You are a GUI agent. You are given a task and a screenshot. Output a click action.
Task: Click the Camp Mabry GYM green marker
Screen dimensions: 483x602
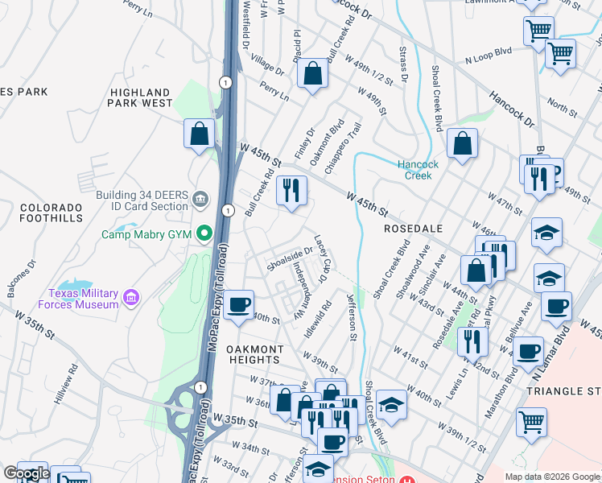point(205,234)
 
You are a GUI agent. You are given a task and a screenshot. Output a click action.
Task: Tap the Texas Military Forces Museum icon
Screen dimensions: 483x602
point(131,299)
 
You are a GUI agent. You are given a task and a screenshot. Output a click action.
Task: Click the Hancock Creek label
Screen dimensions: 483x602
point(419,170)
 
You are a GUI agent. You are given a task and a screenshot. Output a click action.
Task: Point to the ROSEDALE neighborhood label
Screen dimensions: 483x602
point(414,229)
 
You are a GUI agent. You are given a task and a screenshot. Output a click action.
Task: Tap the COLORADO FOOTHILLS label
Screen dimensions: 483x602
point(52,213)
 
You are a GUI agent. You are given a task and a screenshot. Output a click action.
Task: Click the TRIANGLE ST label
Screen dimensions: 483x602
point(563,390)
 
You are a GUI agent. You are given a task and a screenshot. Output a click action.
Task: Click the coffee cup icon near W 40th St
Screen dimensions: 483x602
point(238,306)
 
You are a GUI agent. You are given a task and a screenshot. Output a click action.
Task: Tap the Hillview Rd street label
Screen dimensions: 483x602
point(66,383)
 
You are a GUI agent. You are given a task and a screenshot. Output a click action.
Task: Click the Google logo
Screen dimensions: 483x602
point(26,473)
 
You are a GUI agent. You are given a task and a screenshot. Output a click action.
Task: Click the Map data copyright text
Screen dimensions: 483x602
point(551,477)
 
